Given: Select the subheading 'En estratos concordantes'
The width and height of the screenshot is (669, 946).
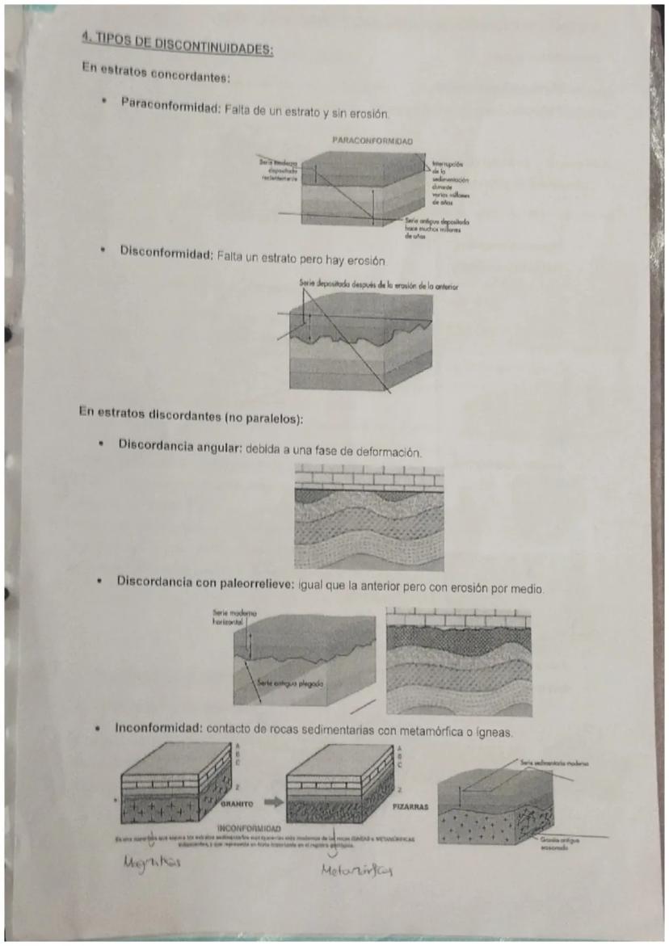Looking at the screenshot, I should pyautogui.click(x=157, y=74).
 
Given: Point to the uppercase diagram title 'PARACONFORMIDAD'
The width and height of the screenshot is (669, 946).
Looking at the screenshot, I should pyautogui.click(x=372, y=141).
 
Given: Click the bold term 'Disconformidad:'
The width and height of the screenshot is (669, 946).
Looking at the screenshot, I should pyautogui.click(x=166, y=252).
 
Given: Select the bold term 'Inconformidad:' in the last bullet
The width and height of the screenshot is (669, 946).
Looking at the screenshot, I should pyautogui.click(x=158, y=729).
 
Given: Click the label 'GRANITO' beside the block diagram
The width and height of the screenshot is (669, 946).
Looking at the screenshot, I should pyautogui.click(x=238, y=805).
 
